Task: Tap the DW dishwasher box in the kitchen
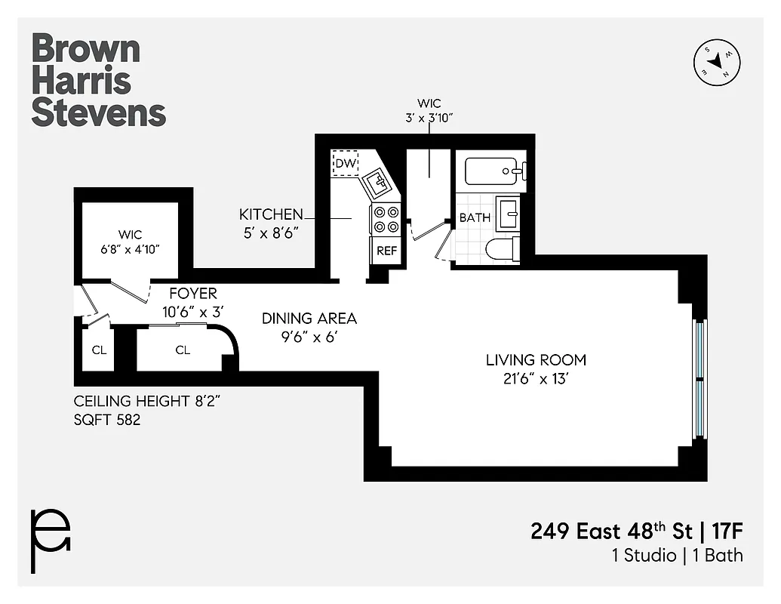point(345,163)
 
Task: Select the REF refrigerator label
point(386,251)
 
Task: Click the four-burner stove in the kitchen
point(386,220)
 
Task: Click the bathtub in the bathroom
point(494,171)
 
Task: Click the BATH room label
point(475,217)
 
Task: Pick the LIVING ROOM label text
point(536,360)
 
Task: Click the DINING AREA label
point(309,319)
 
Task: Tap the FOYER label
point(192,294)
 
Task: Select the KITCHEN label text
point(271,214)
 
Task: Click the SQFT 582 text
point(107,420)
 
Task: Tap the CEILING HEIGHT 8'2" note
point(146,401)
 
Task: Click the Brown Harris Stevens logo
point(98,80)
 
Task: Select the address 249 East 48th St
point(610,531)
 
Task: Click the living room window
point(700,379)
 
